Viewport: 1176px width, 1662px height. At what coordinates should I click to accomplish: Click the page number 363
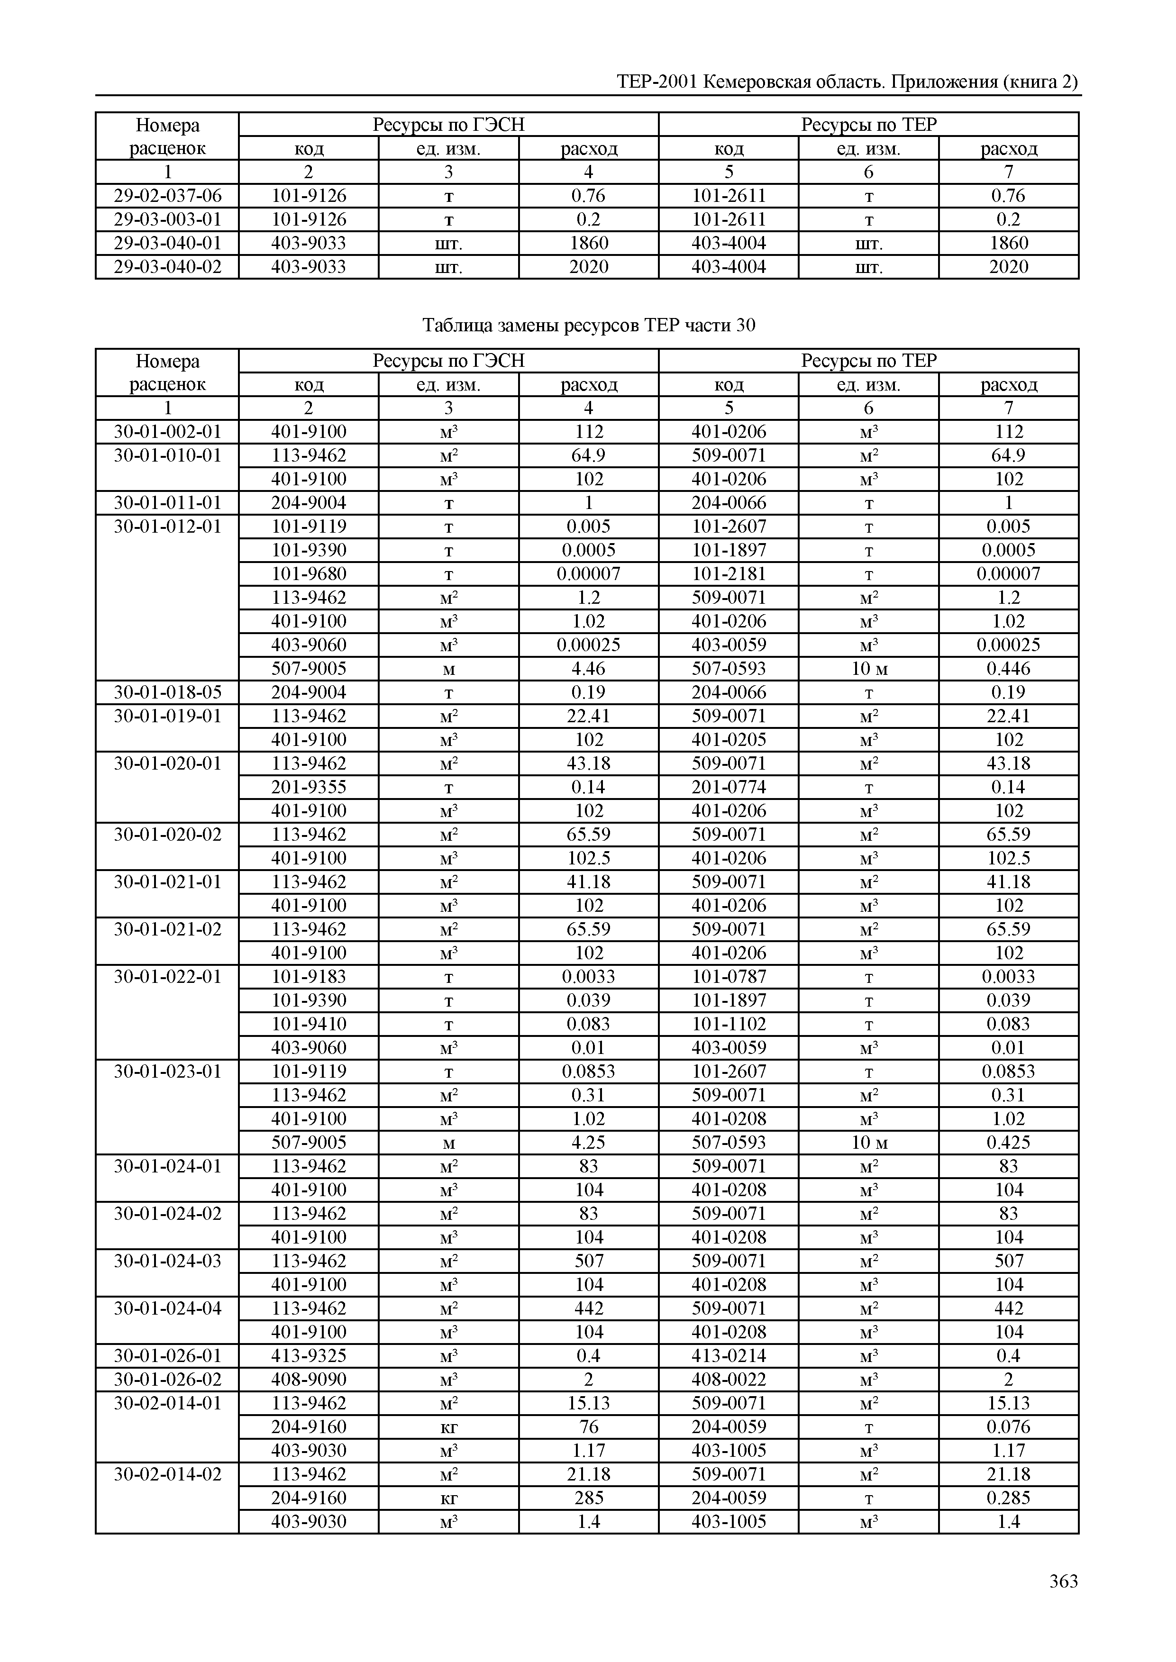[x=1063, y=1581]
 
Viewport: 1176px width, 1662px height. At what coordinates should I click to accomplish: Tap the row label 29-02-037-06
[x=167, y=195]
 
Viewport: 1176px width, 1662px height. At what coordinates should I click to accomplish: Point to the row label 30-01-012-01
[x=167, y=526]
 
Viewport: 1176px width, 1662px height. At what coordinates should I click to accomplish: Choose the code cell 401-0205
[x=729, y=740]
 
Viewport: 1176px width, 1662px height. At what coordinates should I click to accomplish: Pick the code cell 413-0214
[x=729, y=1356]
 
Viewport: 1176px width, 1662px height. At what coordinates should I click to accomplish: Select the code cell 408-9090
[x=309, y=1380]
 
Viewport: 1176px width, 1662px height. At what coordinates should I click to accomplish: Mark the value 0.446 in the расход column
[x=1008, y=669]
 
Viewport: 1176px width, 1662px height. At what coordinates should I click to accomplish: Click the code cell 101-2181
[x=729, y=574]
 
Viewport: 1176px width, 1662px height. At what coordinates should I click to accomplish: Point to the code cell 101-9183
[x=309, y=977]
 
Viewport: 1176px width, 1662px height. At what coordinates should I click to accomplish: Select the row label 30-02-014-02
[x=167, y=1474]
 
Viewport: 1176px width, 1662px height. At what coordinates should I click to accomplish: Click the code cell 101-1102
[x=729, y=1024]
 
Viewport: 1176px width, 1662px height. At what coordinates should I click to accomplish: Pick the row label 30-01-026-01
[x=167, y=1356]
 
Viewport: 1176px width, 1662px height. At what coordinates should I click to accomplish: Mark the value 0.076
[x=1008, y=1427]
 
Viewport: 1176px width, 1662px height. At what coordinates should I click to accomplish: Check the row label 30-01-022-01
[x=167, y=977]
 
